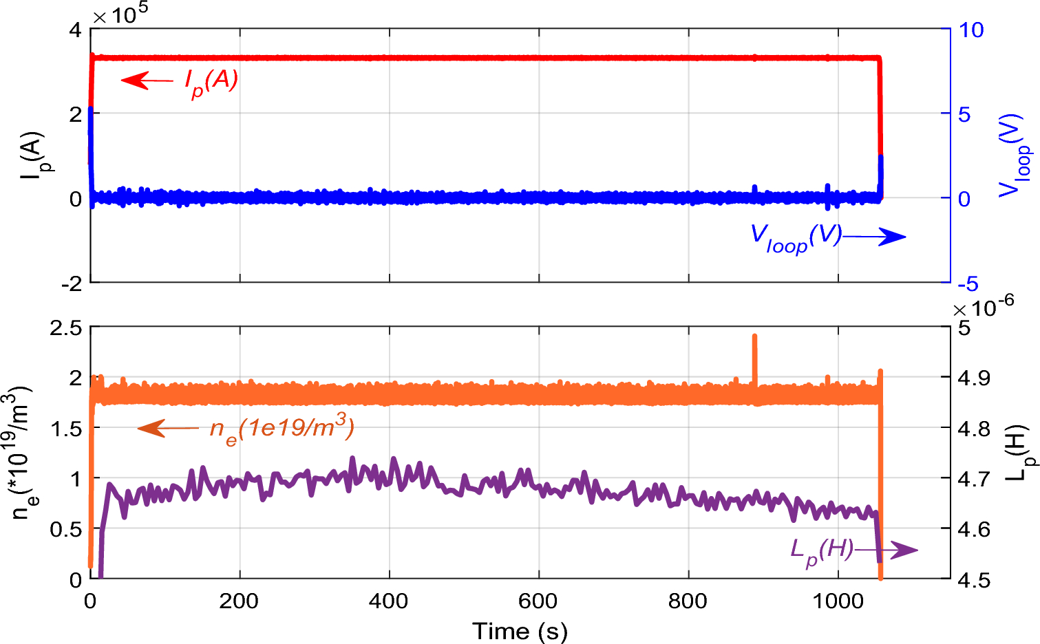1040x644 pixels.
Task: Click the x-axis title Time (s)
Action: coord(520,630)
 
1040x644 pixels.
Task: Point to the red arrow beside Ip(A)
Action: coord(147,80)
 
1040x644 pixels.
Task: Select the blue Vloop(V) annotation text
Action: coord(796,238)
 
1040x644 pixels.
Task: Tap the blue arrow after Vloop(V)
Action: coord(875,237)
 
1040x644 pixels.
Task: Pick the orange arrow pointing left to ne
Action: coord(168,429)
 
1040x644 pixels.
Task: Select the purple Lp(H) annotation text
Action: coord(821,550)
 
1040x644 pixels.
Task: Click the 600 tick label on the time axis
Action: coord(538,601)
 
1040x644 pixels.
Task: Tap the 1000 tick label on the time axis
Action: coord(838,601)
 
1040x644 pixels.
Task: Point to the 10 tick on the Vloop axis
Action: coord(971,30)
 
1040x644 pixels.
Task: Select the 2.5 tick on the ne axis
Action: coord(66,327)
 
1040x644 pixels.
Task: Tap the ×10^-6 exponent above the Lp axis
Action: coord(983,306)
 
